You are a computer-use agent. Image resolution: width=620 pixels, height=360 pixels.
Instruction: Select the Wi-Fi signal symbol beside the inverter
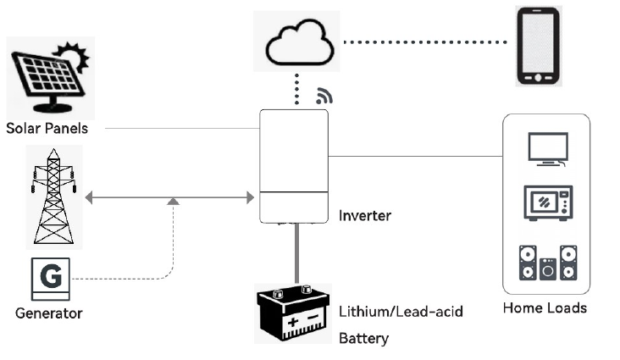324,96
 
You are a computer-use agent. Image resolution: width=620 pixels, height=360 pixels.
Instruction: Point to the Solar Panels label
47,129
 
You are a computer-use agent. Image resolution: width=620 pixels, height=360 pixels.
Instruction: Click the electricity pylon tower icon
53,196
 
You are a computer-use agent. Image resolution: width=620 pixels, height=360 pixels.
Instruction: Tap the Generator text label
49,313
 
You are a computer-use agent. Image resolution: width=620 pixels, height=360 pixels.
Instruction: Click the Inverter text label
365,215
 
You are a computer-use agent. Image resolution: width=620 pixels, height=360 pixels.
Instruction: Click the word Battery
363,339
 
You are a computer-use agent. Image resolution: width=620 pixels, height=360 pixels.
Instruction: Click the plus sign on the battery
292,323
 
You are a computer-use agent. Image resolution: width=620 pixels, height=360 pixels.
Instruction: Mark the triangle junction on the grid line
173,201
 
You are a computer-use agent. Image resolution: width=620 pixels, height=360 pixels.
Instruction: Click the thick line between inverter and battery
296,254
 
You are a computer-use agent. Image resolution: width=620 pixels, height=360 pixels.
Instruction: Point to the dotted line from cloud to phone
429,42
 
